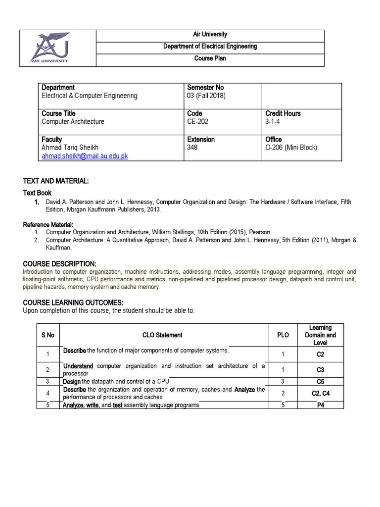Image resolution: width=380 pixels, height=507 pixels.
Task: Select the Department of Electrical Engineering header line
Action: (209, 47)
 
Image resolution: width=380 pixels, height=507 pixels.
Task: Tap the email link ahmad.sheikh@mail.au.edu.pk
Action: (85, 155)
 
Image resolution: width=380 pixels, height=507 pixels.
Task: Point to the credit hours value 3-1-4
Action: (275, 122)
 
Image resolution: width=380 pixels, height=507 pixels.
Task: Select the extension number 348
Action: (192, 148)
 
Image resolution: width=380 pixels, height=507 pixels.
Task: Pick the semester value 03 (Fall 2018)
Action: (206, 96)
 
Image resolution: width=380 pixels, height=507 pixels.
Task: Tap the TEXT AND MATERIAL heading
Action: (56, 182)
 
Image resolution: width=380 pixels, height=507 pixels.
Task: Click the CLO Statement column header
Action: (162, 335)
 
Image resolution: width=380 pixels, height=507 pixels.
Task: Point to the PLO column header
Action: (283, 335)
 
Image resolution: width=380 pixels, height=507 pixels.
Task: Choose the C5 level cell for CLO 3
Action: (320, 382)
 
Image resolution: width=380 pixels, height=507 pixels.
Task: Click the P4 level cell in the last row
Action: (320, 405)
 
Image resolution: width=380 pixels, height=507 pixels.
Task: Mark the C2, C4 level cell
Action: (320, 394)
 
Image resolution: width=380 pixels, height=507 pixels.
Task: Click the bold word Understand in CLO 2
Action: (78, 366)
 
